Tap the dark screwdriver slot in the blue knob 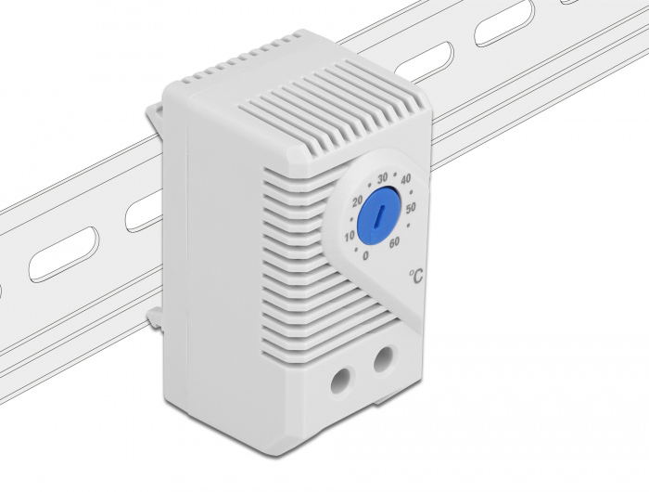(x=378, y=215)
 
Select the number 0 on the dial (x=365, y=255)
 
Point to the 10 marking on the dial (x=350, y=237)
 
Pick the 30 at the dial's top (x=382, y=177)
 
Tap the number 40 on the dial (x=406, y=178)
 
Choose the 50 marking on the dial (x=411, y=209)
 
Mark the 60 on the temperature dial (x=394, y=242)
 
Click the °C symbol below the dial (x=416, y=276)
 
